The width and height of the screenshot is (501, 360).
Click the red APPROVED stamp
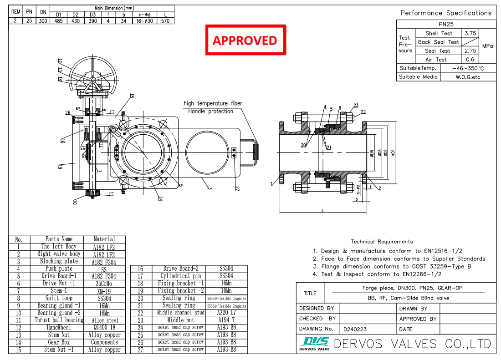245,40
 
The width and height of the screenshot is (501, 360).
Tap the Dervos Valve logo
314,344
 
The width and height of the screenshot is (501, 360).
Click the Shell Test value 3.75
470,33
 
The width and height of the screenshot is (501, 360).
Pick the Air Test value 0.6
470,59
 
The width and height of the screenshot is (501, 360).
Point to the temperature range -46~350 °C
468,68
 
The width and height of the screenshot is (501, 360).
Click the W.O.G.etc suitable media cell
468,77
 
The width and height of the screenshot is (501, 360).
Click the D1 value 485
59,20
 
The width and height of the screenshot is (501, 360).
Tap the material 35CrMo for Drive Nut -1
104,284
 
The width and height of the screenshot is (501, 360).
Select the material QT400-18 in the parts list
104,328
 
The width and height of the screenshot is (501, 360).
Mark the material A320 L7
226,313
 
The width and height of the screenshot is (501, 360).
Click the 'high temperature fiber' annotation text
213,103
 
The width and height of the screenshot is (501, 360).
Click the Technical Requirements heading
382,242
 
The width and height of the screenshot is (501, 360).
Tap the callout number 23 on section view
356,105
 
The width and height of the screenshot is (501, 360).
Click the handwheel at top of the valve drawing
92,80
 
